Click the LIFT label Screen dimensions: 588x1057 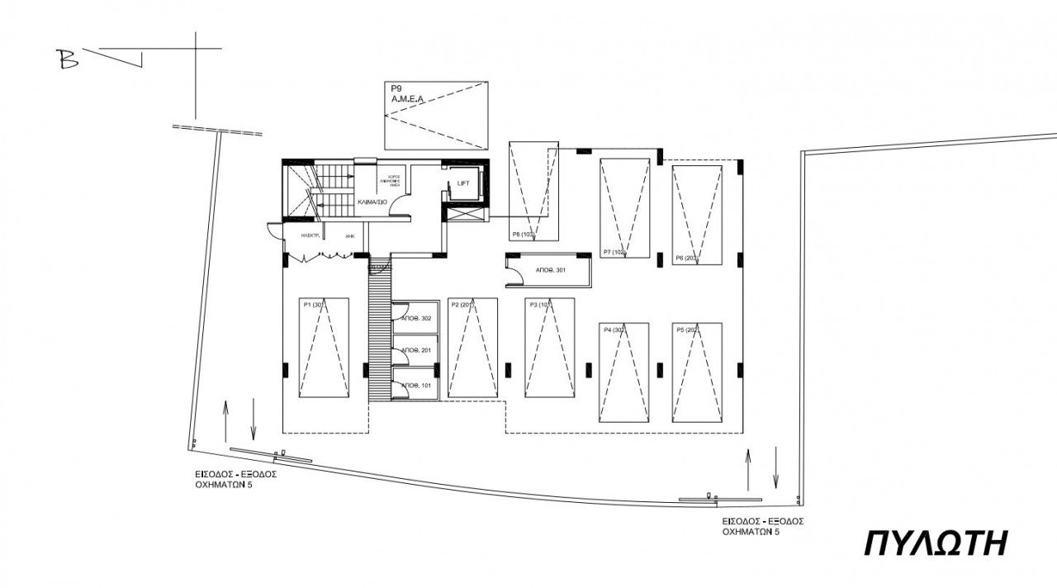coord(463,183)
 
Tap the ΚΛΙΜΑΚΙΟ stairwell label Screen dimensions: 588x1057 coord(372,202)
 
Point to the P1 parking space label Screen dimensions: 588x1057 coord(314,305)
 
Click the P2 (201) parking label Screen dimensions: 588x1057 coord(463,305)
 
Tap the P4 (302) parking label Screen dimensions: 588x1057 coord(614,330)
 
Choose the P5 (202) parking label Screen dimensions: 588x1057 coord(688,330)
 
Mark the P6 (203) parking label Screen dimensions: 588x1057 coord(687,258)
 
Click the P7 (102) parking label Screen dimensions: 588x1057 coord(615,252)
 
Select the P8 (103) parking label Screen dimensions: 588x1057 coord(524,234)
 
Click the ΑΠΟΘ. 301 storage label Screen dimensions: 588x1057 coord(551,270)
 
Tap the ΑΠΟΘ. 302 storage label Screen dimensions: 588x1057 coord(416,319)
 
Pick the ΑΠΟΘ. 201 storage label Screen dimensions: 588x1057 coord(416,351)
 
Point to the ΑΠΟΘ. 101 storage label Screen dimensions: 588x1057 coord(416,386)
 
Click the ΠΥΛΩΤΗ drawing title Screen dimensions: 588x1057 coord(936,544)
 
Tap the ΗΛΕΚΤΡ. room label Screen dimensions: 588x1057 coord(299,235)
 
